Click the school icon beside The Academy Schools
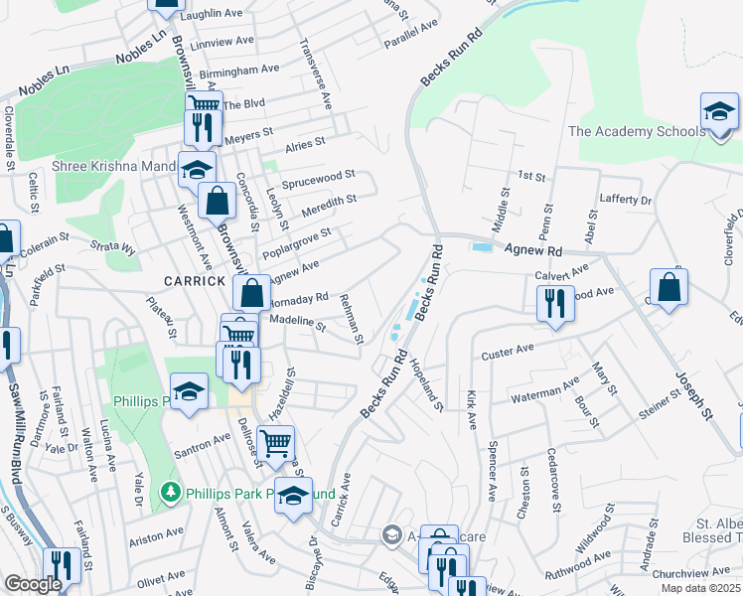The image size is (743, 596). pyautogui.click(x=719, y=112)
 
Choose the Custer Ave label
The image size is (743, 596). pyautogui.click(x=508, y=352)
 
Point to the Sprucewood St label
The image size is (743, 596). pyautogui.click(x=318, y=180)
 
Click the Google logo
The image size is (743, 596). pyautogui.click(x=33, y=584)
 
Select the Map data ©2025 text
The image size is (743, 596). pyautogui.click(x=700, y=588)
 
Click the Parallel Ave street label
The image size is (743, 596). pyautogui.click(x=410, y=38)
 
